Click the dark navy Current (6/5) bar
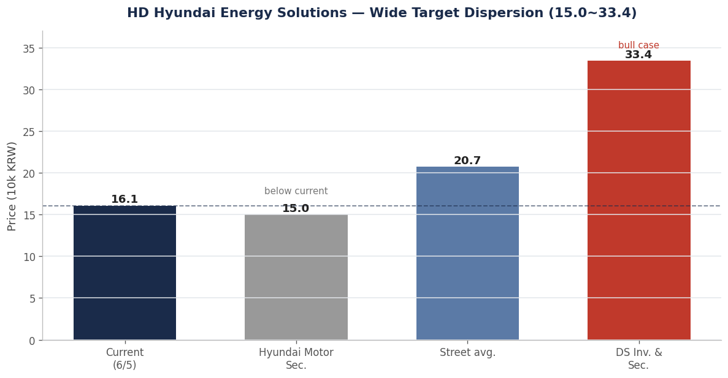coord(125,273)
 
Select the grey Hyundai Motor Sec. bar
coord(296,278)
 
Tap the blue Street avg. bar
coord(467,253)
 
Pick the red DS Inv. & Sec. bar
coord(638,200)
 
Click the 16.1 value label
coord(125,200)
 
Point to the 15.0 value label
coord(296,209)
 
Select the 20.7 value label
coord(467,161)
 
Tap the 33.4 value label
coord(638,55)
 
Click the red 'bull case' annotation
coord(638,45)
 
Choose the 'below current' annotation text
coord(296,191)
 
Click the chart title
coord(381,13)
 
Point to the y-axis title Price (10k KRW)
coord(12,186)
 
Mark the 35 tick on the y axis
coord(29,48)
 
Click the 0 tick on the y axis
coord(32,341)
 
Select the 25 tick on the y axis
coord(29,132)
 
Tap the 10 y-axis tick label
coord(29,257)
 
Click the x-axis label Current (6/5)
coord(125,359)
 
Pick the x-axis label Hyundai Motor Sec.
coord(296,359)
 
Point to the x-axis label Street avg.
coord(467,353)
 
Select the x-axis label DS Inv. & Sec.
coord(638,359)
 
